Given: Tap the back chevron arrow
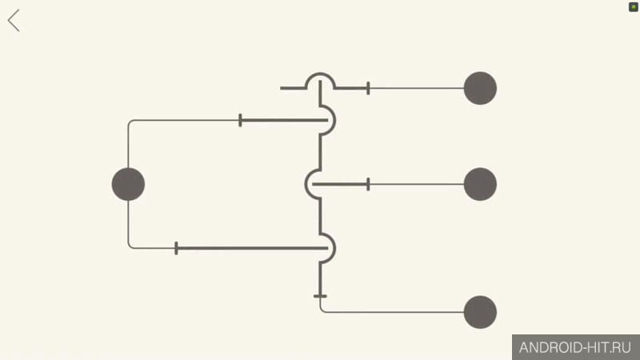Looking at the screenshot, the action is point(14,21).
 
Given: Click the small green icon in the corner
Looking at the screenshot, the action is point(633,7).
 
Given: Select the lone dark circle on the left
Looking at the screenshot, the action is point(128,184).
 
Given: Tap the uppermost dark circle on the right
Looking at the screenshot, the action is point(480,88).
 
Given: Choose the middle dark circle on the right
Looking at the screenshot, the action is point(480,184).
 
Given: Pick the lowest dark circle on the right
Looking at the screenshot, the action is point(480,312).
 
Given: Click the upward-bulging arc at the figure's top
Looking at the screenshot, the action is point(321,74).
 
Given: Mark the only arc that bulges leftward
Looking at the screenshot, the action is point(306,184).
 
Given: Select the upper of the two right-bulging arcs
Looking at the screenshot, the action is point(334,120).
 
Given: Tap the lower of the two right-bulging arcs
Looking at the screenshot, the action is point(334,248).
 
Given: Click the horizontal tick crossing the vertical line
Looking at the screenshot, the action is point(320,296).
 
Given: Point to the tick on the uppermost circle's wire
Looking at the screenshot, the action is point(368,88).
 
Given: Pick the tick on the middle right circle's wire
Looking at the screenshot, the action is point(368,184).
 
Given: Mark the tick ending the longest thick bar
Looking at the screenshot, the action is point(176,248).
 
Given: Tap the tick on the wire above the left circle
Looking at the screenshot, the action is point(240,120).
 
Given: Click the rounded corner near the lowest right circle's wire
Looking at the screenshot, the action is point(322,310).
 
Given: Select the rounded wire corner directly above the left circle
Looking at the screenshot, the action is point(130,122).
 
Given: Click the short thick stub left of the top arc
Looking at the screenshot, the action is point(293,88).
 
